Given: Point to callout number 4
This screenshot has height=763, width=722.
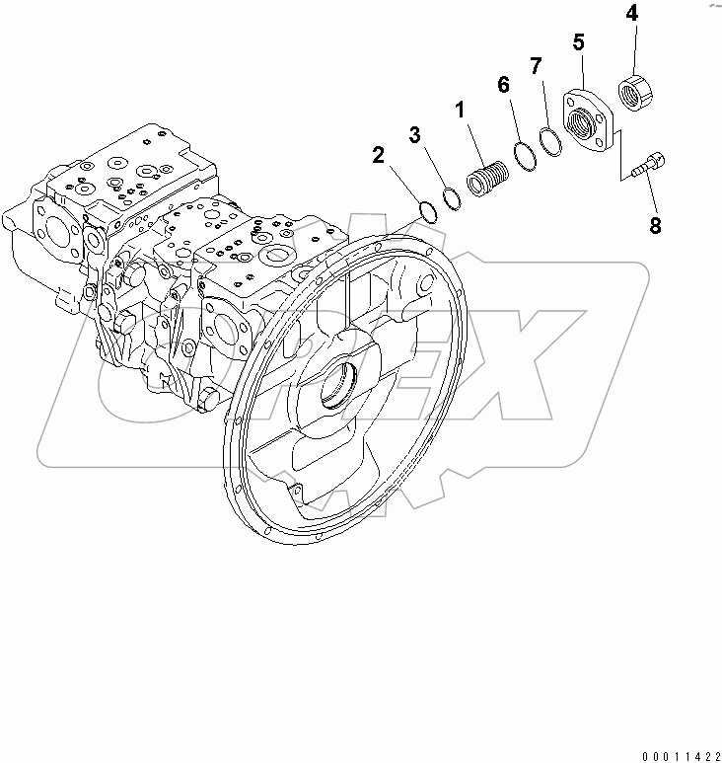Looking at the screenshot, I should point(630,15).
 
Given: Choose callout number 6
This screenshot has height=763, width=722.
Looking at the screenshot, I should point(504,85).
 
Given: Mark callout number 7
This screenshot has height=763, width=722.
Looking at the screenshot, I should point(536,67).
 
